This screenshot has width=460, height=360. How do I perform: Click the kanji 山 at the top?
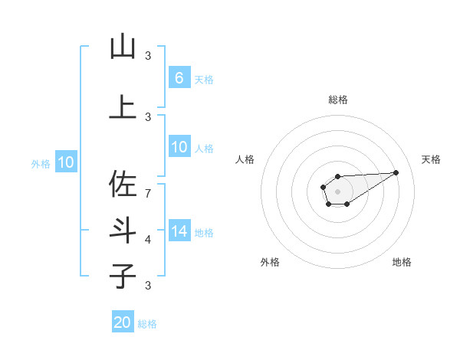tap(123, 47)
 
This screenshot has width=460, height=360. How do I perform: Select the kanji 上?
tap(123, 106)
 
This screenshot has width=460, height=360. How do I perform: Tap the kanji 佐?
tap(123, 185)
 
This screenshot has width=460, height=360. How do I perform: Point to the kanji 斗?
tap(123, 231)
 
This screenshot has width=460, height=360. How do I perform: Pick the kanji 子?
tap(123, 275)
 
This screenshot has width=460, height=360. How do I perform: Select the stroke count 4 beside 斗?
tap(148, 239)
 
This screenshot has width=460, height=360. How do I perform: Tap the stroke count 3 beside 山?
tap(148, 55)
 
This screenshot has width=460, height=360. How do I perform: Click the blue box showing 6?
tap(179, 77)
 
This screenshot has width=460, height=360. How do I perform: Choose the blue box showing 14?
tap(179, 231)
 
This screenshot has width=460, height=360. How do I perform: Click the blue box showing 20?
tap(123, 322)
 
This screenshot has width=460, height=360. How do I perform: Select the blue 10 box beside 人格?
tap(179, 147)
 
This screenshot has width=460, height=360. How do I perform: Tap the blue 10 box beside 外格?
tap(65, 162)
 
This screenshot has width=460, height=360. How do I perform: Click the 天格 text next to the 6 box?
tap(203, 79)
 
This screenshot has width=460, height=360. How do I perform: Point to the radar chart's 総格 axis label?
tap(337, 100)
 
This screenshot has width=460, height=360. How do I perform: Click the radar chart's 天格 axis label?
tap(432, 159)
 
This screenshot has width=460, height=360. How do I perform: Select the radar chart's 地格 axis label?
tap(402, 262)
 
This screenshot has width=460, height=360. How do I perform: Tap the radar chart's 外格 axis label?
tap(270, 262)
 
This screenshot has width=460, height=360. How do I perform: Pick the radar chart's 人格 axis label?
tap(245, 159)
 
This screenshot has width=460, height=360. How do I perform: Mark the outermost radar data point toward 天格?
tap(396, 172)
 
